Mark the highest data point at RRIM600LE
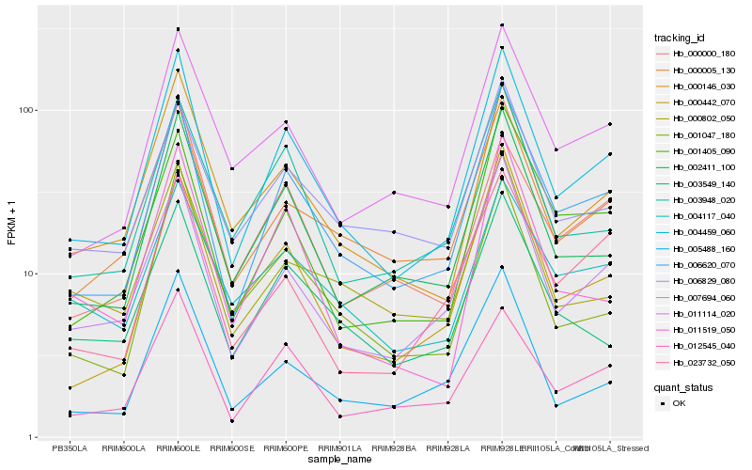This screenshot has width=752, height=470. click(x=178, y=29)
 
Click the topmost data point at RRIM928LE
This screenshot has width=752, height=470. click(x=502, y=24)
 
